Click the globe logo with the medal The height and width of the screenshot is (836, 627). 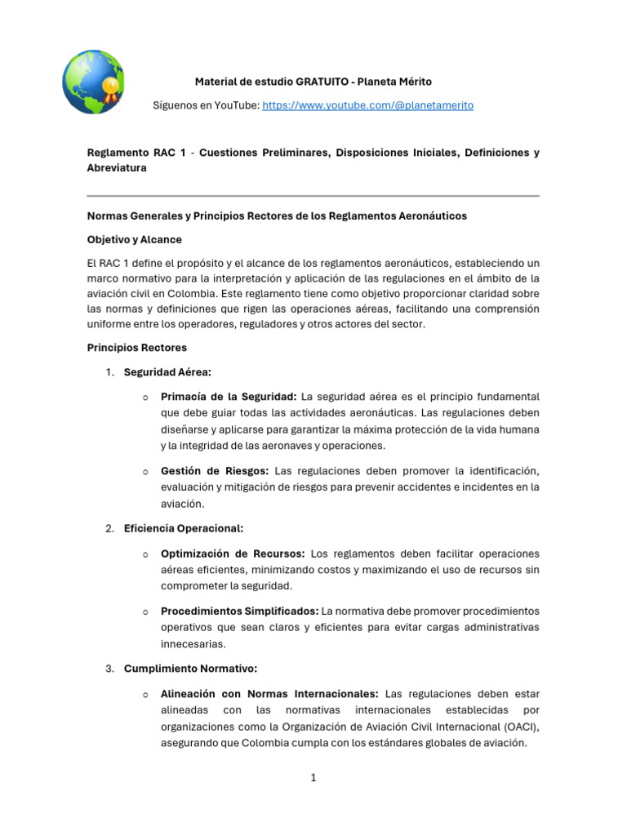(93, 82)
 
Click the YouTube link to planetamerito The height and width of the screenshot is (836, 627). (367, 106)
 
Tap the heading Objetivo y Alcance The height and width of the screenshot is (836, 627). (135, 240)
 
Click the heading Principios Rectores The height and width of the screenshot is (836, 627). (137, 348)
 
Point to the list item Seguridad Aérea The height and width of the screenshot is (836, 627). (167, 372)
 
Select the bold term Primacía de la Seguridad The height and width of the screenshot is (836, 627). (229, 397)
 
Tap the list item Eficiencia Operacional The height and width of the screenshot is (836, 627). (183, 528)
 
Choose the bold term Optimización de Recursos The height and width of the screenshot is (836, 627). (233, 553)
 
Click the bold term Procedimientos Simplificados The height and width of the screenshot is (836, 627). (240, 611)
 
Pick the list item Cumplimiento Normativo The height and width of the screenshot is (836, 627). (190, 669)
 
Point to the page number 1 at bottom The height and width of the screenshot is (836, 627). (313, 778)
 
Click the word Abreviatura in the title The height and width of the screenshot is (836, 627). (117, 167)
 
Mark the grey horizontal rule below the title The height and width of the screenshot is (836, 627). (313, 196)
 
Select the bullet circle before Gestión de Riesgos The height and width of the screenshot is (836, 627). (144, 472)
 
